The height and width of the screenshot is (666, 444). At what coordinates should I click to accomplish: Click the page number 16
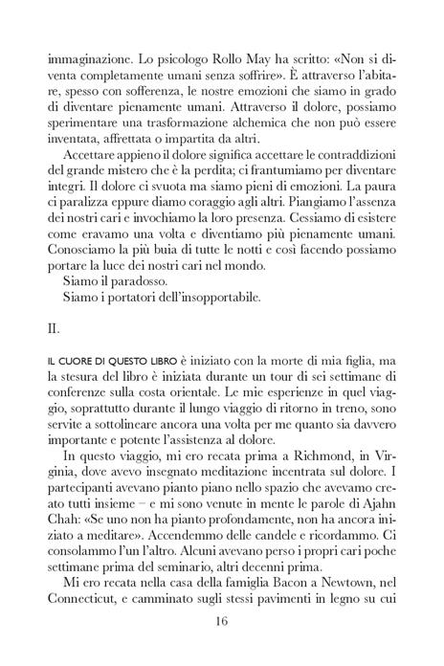pos(221,620)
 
